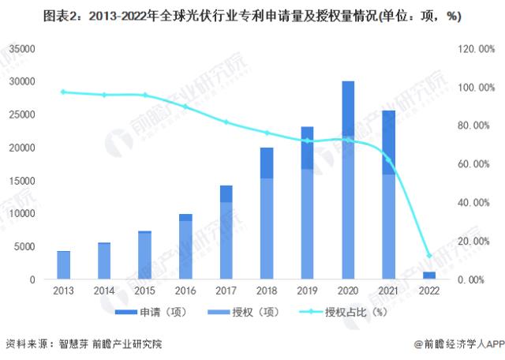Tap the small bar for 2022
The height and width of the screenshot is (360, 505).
pos(430,276)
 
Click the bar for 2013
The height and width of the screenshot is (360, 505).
pos(63,265)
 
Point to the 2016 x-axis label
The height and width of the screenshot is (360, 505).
pos(185,291)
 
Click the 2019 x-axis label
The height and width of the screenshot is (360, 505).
pos(308,291)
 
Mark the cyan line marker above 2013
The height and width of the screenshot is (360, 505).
pos(63,92)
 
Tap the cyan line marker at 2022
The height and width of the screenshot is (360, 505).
pos(430,256)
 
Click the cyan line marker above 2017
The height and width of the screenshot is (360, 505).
pos(226,122)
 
